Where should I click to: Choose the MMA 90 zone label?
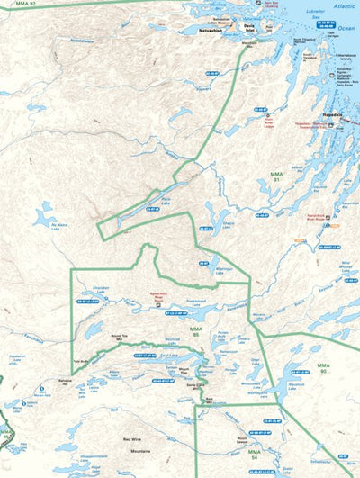click(x=325, y=368)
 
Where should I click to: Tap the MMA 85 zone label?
click(x=197, y=331)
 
